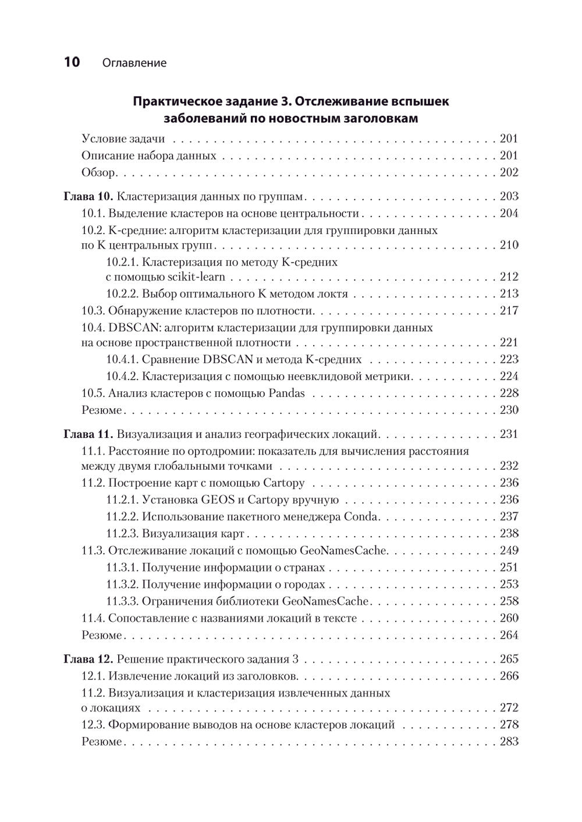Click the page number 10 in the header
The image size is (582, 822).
(x=72, y=62)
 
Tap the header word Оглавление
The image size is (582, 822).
(x=134, y=63)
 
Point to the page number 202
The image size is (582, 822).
(x=509, y=172)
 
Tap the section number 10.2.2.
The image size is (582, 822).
(x=122, y=293)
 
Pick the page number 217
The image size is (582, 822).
(x=509, y=310)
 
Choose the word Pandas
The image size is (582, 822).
(x=286, y=393)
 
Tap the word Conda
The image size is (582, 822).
(x=361, y=516)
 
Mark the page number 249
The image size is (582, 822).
(x=509, y=550)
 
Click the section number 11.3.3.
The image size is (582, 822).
(x=122, y=601)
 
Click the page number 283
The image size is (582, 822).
(x=509, y=742)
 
